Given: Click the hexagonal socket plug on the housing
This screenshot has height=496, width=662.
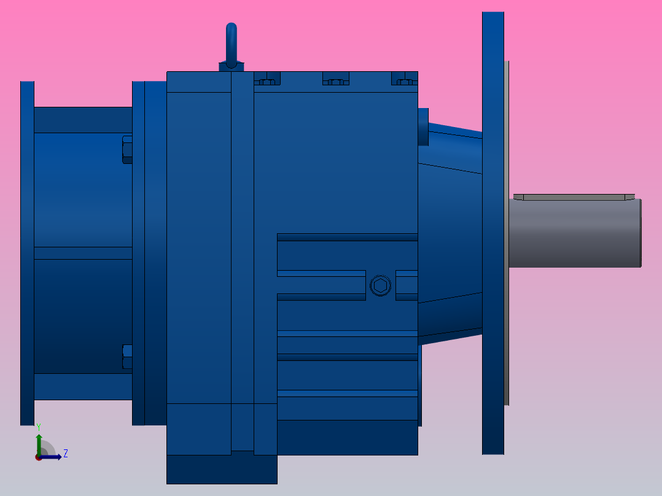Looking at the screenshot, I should point(380,285).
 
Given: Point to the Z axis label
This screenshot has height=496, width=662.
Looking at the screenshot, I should point(66,454).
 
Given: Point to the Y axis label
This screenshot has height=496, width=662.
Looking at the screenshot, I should point(38,426).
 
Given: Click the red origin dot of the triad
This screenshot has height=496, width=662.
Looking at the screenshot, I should point(38,457).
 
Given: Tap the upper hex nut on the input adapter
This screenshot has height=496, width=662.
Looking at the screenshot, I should point(127,150).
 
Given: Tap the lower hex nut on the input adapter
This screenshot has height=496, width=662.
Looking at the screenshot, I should point(127,357).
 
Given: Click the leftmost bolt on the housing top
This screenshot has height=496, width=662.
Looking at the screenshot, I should point(267,79).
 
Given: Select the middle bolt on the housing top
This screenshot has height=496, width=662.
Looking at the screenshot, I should point(336,79).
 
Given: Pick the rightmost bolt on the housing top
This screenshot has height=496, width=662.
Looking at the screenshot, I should point(405,79).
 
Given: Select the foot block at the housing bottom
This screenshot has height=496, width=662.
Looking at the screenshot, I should point(222,470).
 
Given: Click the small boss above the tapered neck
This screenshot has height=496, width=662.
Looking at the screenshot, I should point(423,126).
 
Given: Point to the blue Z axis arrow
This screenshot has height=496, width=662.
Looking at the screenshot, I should point(53,457).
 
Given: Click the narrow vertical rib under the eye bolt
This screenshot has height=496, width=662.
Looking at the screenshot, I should point(242,258).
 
